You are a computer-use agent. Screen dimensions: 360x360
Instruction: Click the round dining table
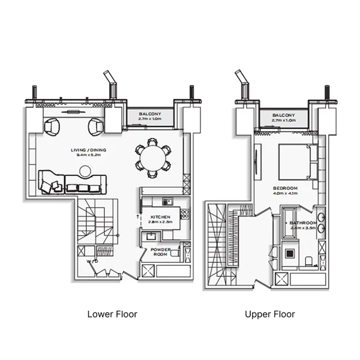point(152,158)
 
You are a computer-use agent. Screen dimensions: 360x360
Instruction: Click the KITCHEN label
point(160,217)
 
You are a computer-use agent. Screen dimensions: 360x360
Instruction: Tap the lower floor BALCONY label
point(149,114)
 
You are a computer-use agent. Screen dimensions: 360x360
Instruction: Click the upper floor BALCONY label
point(283,115)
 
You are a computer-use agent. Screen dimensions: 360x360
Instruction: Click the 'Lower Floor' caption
point(112,314)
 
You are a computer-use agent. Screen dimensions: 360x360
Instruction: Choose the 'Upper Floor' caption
point(270,314)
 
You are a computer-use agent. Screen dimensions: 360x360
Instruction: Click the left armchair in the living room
point(52,127)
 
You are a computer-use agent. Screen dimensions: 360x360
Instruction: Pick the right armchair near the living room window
point(95,127)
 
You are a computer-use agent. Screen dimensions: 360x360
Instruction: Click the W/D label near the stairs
point(91,262)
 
